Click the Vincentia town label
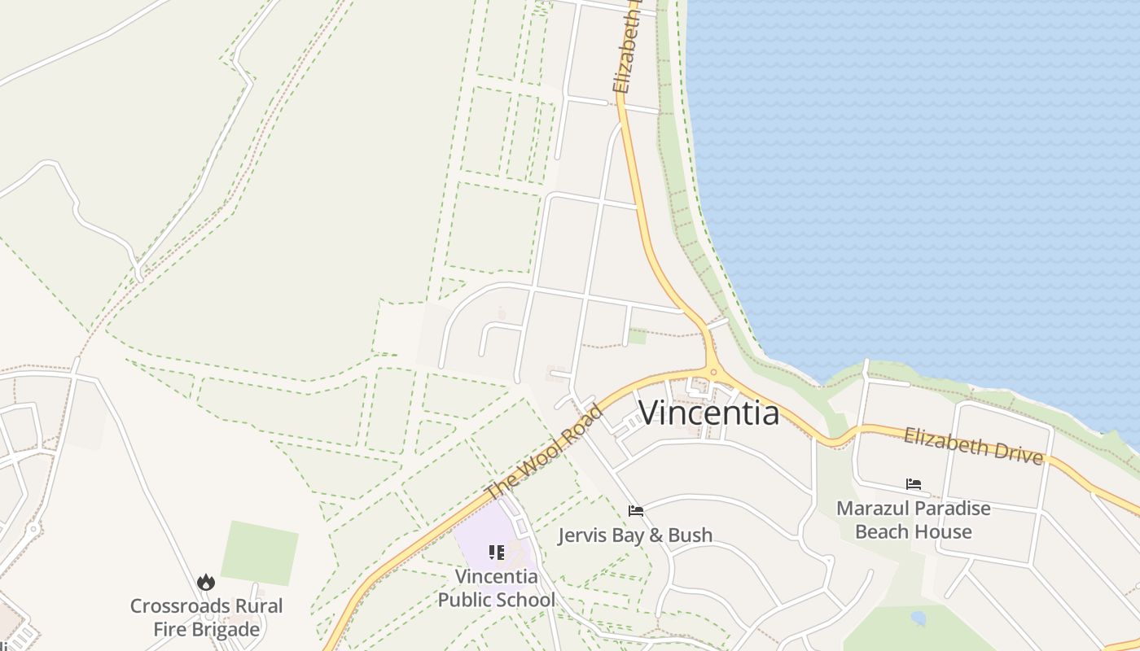tap(708, 413)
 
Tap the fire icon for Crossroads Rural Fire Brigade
tap(206, 582)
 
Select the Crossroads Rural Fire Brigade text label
tap(207, 618)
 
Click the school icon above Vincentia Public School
tap(497, 553)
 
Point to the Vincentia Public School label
tap(497, 588)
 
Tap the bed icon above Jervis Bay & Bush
tap(636, 511)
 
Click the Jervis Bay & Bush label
tap(635, 535)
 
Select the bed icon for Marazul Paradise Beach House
tap(914, 484)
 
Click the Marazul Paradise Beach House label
tap(914, 520)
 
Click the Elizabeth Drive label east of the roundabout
tap(973, 445)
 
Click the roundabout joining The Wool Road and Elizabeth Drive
tap(713, 373)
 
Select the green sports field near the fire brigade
tap(259, 553)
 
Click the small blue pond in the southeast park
tap(919, 618)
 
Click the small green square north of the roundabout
tap(638, 335)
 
